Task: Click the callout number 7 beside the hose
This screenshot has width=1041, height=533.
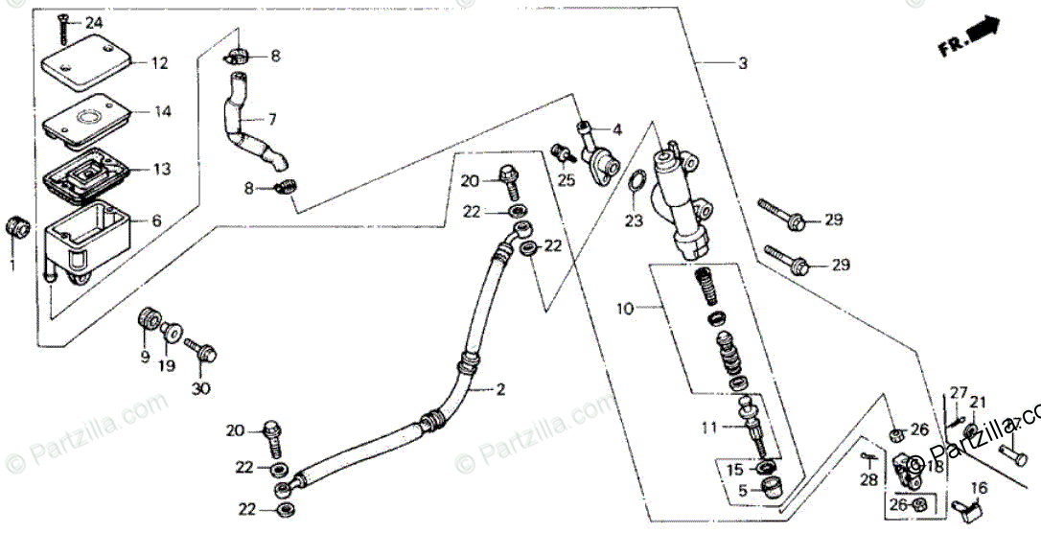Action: pos(272,120)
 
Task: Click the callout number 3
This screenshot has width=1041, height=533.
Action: pos(741,64)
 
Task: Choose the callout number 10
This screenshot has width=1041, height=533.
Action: pos(625,309)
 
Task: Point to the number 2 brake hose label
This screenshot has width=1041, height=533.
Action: pos(499,389)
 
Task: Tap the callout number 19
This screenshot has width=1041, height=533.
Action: pos(169,366)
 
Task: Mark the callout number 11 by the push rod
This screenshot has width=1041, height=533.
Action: pos(708,428)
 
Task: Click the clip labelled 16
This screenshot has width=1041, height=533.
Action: pos(964,499)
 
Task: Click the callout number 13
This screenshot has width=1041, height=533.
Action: pos(162,170)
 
